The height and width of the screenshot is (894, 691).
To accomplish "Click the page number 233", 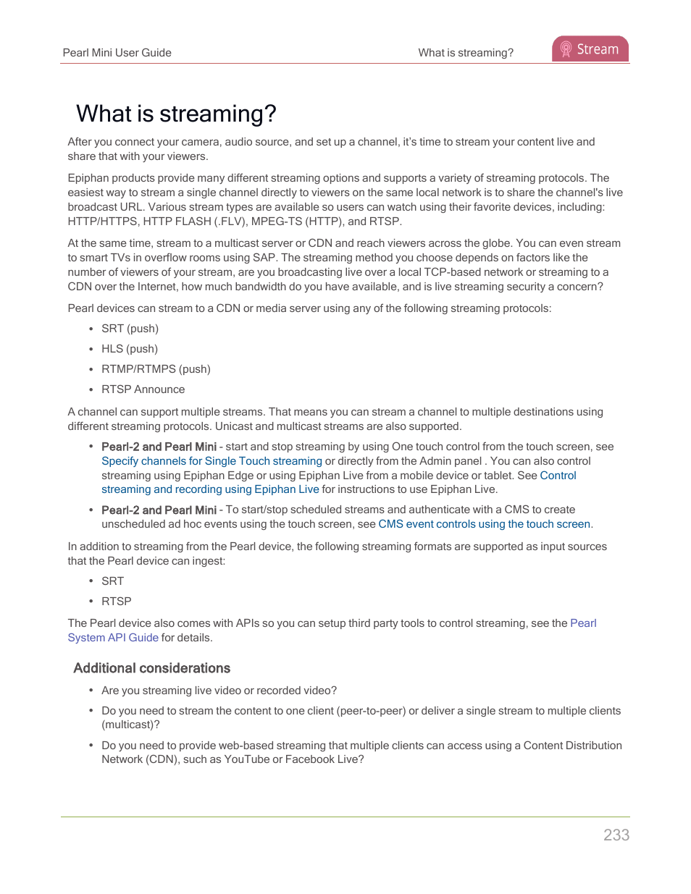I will click(x=616, y=835).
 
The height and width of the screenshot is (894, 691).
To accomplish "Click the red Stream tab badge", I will click(x=590, y=49).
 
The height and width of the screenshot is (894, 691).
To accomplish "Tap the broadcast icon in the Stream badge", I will click(x=566, y=49).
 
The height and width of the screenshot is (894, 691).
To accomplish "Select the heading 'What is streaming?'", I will click(x=176, y=114).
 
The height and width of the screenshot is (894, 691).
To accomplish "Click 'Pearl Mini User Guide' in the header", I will click(x=117, y=53).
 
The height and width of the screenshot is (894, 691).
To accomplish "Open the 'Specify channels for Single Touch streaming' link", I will click(x=212, y=461).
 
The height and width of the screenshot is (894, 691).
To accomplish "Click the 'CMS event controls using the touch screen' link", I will click(x=484, y=524).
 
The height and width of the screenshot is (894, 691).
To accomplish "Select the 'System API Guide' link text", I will click(x=113, y=638).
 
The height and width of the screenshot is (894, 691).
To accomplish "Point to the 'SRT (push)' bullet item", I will click(x=130, y=329).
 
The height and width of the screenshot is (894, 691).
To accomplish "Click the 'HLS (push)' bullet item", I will click(x=130, y=349).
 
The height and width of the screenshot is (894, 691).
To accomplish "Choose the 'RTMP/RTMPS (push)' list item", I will click(x=156, y=369).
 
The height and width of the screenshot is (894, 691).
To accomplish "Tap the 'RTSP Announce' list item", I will click(x=143, y=389).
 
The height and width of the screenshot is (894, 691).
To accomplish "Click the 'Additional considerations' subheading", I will click(x=151, y=668).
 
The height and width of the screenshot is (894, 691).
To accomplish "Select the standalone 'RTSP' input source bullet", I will click(x=116, y=602).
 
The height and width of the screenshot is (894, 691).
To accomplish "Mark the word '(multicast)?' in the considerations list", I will click(x=130, y=725).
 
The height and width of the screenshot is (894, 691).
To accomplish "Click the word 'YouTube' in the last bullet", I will click(x=246, y=759).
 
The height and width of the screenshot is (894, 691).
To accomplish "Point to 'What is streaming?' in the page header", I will click(x=465, y=53).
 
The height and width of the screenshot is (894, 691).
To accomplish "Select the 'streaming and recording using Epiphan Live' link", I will click(x=210, y=489).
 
